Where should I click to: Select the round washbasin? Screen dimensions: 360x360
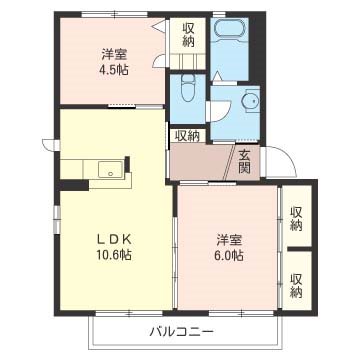click(249, 101)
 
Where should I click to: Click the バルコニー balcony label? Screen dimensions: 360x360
click(181, 330)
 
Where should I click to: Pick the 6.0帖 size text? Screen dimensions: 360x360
click(229, 257)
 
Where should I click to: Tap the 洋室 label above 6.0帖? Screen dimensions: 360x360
click(229, 239)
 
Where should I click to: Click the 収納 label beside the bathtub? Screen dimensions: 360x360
click(189, 35)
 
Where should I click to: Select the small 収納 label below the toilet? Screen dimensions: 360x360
click(187, 136)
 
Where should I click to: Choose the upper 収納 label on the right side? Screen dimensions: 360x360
click(297, 218)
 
